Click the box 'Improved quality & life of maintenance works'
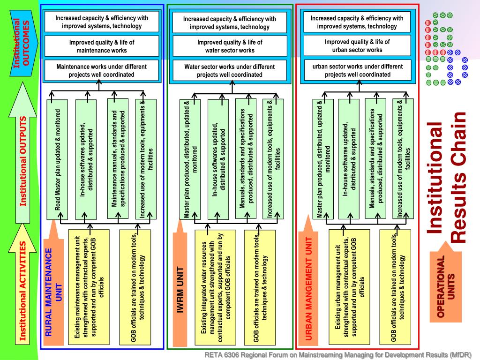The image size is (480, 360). [102, 46]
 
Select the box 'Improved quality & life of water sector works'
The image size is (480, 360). [230, 46]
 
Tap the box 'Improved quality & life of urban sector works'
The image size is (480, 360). [357, 45]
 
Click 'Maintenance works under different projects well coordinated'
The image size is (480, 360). [102, 70]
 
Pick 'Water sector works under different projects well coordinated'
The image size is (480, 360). [230, 70]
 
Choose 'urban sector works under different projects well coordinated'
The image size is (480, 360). [357, 70]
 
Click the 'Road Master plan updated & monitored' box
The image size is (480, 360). [58, 159]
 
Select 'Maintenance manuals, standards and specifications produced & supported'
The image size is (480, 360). [118, 158]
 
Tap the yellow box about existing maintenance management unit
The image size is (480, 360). [89, 286]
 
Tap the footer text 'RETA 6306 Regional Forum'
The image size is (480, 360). [337, 354]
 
